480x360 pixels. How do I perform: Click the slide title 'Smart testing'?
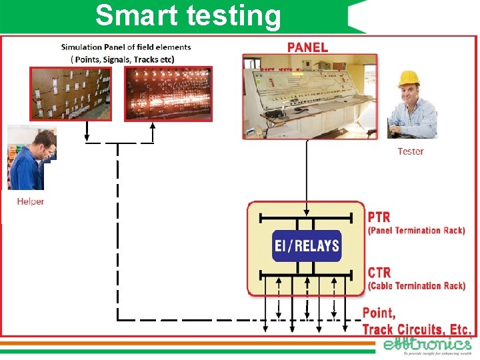point(188,15)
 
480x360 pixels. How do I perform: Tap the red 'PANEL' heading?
point(307,47)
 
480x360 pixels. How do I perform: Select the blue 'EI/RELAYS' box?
point(307,245)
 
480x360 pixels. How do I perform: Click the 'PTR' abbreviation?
point(379,217)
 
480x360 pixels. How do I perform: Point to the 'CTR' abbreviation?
point(379,273)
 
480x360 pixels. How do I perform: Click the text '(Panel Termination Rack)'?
point(416,231)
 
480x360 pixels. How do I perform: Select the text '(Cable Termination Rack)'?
point(416,286)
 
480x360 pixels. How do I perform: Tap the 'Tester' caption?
point(410,151)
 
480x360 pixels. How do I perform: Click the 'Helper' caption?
point(31,201)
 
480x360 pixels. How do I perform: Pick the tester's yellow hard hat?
point(408,79)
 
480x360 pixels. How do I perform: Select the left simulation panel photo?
point(65,93)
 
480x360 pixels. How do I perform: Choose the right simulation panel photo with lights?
point(169,93)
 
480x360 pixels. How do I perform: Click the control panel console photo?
point(308,96)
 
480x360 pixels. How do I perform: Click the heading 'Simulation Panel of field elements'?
point(126,47)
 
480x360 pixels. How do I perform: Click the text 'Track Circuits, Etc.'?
point(417,329)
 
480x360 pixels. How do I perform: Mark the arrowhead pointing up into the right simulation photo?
point(153,127)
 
